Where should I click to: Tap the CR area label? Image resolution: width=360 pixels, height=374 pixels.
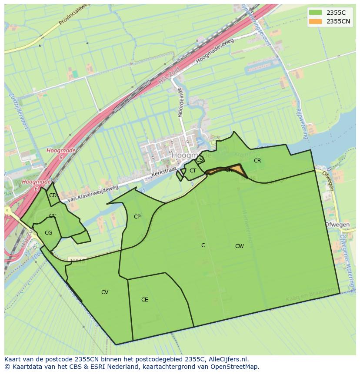(257, 161)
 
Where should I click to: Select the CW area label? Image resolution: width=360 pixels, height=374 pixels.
(239, 246)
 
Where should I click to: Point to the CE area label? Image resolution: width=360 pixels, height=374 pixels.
(145, 300)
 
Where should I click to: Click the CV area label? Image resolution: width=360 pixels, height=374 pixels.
(105, 292)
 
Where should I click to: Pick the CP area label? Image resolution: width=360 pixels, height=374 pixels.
(137, 217)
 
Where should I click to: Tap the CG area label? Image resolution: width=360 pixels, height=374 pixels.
(48, 233)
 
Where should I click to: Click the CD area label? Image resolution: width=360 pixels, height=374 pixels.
(53, 195)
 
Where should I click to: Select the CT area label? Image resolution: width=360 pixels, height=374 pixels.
(193, 171)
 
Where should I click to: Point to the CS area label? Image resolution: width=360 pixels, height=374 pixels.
(199, 160)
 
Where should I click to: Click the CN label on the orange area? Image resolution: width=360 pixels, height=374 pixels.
(229, 170)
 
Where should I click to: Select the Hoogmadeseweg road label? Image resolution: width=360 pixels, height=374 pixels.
(214, 50)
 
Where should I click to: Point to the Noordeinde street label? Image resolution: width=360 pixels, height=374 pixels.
(180, 103)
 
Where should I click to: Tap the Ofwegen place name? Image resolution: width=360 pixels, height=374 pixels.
(337, 225)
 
